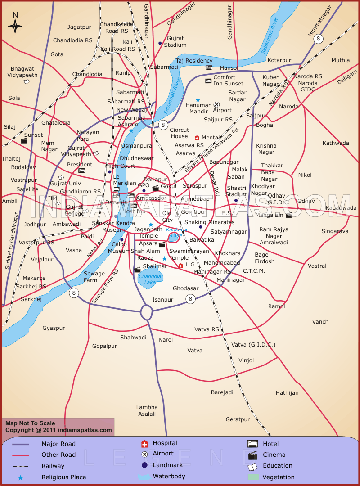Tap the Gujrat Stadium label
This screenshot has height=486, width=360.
tap(175, 41)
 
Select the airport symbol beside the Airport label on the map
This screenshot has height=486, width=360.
tap(216, 104)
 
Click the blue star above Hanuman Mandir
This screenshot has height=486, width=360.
tap(198, 99)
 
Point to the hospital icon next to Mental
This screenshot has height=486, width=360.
tap(197, 138)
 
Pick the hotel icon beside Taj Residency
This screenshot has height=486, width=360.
tap(209, 67)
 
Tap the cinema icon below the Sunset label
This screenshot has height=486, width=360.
tap(24, 140)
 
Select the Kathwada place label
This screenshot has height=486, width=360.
tap(335, 143)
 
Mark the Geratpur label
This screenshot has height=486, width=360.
tap(238, 419)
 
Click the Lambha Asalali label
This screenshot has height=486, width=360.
tap(147, 410)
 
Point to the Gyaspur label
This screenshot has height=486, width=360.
tap(54, 328)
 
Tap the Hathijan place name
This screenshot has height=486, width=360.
tap(287, 393)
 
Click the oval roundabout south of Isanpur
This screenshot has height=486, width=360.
tap(147, 311)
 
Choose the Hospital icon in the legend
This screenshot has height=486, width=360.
tap(144, 444)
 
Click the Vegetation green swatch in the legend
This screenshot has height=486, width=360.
tap(253, 477)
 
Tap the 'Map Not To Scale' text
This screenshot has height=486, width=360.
tap(30, 423)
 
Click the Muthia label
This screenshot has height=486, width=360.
tap(340, 60)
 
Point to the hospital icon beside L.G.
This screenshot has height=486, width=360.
tap(180, 265)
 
